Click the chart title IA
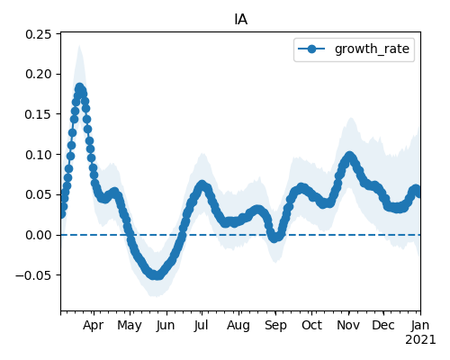[241, 20]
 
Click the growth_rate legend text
[372, 49]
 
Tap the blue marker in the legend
[311, 49]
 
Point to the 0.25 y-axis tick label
[39, 34]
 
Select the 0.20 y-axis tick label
[39, 74]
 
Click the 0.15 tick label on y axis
[39, 114]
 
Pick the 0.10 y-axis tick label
[39, 155]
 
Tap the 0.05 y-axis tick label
[39, 194]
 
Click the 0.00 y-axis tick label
[39, 235]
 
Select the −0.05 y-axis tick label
[33, 275]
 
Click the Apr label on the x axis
[94, 326]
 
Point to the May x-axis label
[130, 326]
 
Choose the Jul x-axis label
[201, 326]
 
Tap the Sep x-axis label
[275, 326]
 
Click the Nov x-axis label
[348, 326]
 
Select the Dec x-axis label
[383, 326]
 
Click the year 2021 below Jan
[420, 340]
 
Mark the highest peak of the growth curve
[79, 87]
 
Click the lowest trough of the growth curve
[157, 275]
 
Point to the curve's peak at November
[349, 156]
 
